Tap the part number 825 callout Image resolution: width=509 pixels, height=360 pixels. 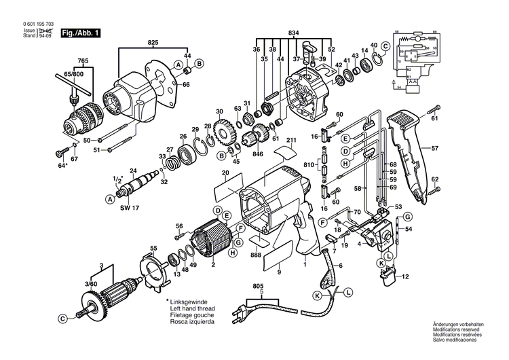[x=153, y=43]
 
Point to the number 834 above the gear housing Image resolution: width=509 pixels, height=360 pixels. [x=293, y=33]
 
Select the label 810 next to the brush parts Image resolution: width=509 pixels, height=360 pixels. [x=309, y=165]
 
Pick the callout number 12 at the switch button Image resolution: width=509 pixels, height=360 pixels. [x=406, y=277]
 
